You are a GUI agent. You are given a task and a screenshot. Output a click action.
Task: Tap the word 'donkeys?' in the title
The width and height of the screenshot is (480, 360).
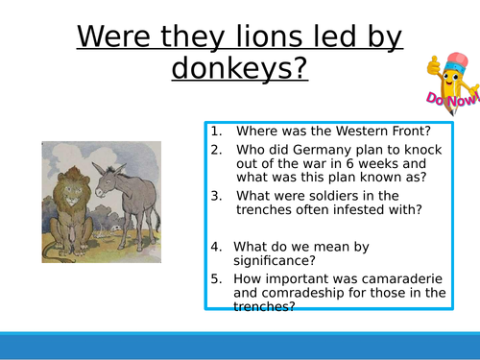pos(240,70)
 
